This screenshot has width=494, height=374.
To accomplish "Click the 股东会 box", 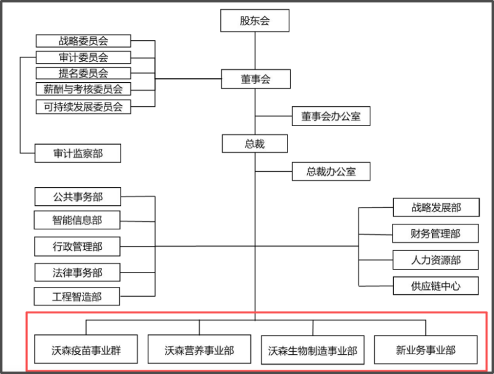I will point(255,21).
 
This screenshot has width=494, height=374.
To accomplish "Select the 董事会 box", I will point(255,79).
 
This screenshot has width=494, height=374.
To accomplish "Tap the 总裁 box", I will point(255,144).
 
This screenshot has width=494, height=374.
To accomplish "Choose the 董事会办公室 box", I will point(331,116).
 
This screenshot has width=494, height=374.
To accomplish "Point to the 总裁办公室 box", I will point(331,171).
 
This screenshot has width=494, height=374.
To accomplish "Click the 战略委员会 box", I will point(83,41).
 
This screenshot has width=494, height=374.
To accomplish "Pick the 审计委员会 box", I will point(83,57).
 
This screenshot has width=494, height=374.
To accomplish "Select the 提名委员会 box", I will point(83,74).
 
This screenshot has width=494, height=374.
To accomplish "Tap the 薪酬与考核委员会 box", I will point(83,90).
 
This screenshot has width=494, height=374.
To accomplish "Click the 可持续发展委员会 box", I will point(83,106).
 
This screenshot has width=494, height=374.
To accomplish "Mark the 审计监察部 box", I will point(78,153).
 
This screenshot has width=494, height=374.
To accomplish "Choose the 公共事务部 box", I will point(78,197).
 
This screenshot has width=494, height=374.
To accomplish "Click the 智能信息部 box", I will point(78,219).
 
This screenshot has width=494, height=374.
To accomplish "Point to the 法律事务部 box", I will point(78,271).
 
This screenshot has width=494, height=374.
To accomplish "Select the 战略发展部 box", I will point(436,208).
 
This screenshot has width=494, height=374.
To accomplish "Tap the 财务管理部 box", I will point(436,234).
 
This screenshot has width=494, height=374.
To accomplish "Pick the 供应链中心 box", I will point(436,286).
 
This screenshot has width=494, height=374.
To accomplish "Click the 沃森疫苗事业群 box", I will point(86,351).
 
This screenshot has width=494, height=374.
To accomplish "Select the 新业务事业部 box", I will point(426,350).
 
